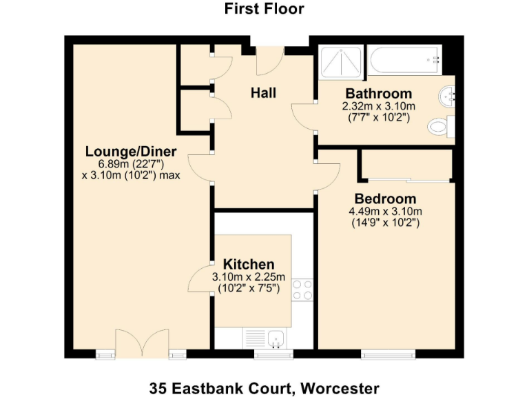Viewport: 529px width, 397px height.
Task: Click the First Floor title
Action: click(x=264, y=9)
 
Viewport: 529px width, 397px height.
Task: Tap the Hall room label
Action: click(x=264, y=92)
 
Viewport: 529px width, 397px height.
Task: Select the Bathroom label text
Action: click(x=379, y=94)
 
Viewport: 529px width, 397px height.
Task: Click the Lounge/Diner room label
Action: click(x=131, y=152)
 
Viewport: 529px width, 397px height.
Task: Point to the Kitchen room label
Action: click(x=249, y=265)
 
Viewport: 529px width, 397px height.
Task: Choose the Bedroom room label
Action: click(x=385, y=199)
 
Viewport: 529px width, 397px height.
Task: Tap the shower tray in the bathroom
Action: click(x=340, y=61)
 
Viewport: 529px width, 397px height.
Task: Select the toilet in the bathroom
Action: click(x=439, y=127)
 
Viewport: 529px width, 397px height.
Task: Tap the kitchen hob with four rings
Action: click(x=301, y=289)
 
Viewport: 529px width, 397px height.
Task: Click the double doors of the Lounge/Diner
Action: click(x=142, y=342)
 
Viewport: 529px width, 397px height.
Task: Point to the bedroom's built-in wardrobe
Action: click(x=406, y=165)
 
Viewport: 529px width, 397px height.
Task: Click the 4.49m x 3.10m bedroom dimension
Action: click(x=385, y=212)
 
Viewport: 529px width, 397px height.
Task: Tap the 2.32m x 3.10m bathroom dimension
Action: click(x=379, y=106)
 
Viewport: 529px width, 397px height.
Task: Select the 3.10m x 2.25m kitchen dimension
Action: click(x=249, y=277)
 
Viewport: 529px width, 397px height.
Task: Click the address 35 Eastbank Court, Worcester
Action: click(x=264, y=387)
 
